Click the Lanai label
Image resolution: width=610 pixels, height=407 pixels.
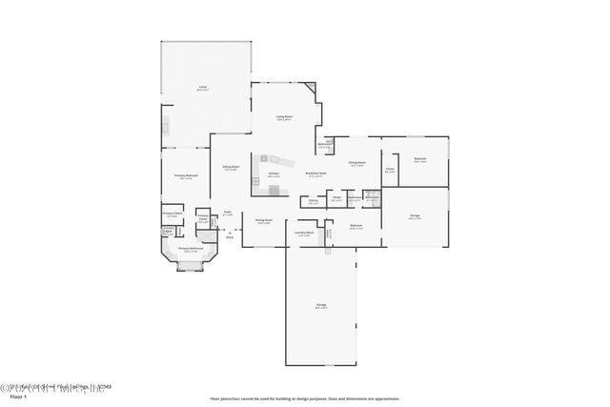coord(203,87)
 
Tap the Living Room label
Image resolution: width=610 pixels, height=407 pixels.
coord(284,117)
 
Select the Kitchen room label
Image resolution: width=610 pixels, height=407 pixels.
coord(274,175)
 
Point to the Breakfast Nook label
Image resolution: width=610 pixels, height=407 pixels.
coord(316,173)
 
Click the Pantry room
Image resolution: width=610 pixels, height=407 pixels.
coord(313,201)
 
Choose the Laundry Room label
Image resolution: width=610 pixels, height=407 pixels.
coord(304,233)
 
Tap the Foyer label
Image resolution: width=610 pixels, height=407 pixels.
coord(227,213)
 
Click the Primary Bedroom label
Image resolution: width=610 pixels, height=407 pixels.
coord(185,176)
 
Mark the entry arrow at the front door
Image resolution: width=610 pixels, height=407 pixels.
coord(230,232)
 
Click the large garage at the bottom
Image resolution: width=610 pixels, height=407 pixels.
coord(321,307)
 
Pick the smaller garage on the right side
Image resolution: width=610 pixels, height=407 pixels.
coord(416,216)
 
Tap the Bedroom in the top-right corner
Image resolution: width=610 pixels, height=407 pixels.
coord(419,159)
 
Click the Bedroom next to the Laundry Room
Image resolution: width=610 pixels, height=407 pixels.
coord(356,226)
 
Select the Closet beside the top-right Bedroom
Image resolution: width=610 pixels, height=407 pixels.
coord(389,171)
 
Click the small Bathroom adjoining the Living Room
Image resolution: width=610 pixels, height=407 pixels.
coord(324,146)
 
